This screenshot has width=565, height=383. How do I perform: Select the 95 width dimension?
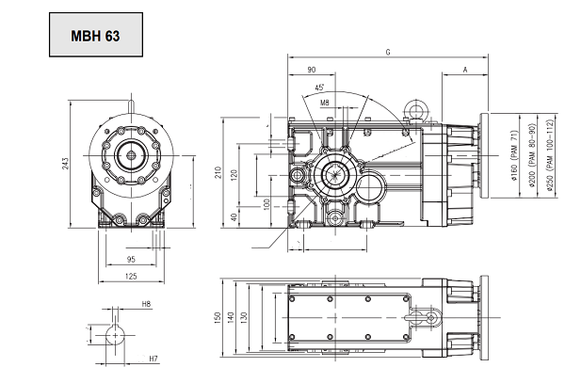[x=131, y=259]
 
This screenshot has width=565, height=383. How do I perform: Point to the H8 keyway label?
[x=147, y=305]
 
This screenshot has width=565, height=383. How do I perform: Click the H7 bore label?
[x=153, y=359]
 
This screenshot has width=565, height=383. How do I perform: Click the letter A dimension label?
[x=466, y=70]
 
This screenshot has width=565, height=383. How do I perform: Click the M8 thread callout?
[x=325, y=102]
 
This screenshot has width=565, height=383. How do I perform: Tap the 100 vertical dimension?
[x=266, y=203]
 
